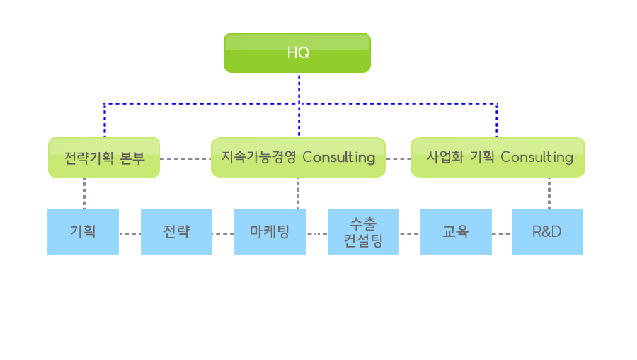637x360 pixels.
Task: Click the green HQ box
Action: [297, 53]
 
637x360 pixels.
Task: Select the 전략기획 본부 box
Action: [104, 158]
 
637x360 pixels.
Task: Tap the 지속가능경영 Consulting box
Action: [298, 158]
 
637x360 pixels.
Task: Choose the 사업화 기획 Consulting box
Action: [498, 158]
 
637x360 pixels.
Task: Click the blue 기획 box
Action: [84, 232]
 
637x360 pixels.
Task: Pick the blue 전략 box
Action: [176, 232]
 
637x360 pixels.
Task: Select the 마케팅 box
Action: [270, 232]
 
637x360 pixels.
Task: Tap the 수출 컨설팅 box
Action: [363, 232]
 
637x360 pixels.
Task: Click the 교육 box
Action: [456, 232]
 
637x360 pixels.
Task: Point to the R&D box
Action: [547, 232]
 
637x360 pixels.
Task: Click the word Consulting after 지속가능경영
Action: [339, 158]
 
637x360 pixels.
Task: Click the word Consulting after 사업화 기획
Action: [536, 158]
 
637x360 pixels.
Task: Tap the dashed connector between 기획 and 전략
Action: [130, 234]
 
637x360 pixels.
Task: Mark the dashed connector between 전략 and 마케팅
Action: [223, 234]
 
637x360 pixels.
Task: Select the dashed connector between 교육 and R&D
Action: [502, 234]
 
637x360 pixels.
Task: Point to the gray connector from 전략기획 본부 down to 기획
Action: [84, 193]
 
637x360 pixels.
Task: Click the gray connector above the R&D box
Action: [549, 193]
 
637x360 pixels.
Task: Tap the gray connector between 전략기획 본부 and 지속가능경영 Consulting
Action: [185, 158]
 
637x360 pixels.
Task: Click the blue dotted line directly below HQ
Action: [299, 105]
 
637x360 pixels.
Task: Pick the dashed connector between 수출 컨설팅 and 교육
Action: [410, 234]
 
